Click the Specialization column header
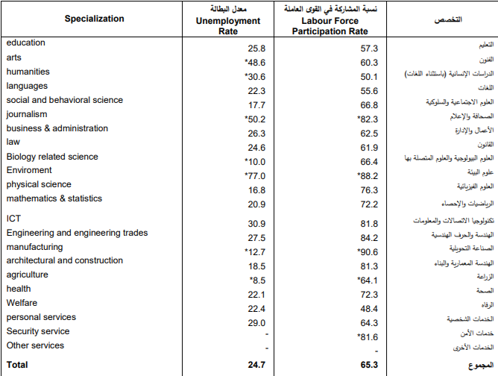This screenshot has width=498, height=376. (95, 19)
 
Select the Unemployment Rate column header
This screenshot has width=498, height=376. (228, 26)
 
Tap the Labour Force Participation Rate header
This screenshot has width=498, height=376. (330, 26)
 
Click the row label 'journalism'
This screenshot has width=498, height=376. (27, 114)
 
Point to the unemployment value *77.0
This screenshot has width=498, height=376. (255, 176)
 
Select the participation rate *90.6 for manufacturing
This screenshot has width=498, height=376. (368, 252)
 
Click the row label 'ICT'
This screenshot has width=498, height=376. (13, 219)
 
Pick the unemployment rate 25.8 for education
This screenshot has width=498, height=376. (256, 48)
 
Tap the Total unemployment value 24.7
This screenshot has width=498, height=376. (256, 365)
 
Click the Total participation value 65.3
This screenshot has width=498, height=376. (369, 365)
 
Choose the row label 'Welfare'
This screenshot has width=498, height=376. (22, 303)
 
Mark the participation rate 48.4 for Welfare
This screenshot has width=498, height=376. (369, 309)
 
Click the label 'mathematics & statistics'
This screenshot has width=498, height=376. (54, 198)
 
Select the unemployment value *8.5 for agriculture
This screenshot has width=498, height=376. (258, 281)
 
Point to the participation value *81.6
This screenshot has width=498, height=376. (368, 337)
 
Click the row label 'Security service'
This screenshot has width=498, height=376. (38, 331)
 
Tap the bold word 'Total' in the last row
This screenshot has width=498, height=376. (17, 365)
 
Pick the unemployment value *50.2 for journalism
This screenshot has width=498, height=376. (255, 119)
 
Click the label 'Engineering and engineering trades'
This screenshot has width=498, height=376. (78, 233)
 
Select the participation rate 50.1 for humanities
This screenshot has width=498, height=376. (369, 77)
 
